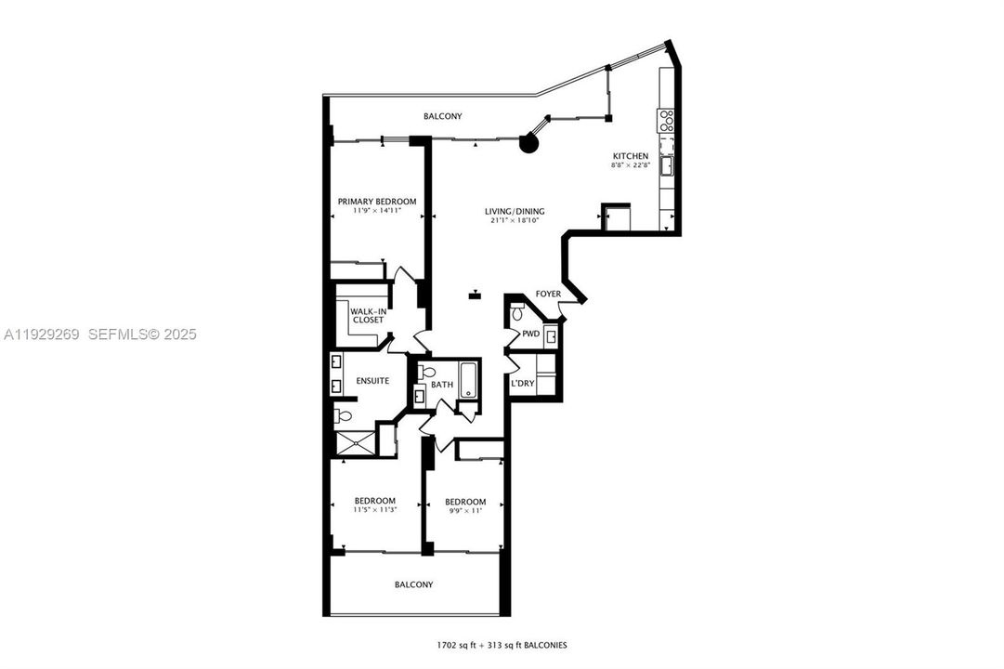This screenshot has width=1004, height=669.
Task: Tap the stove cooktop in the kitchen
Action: point(666,119)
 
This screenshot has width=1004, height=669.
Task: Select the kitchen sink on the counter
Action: point(666,165)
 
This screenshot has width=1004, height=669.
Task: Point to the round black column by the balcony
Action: point(528,143)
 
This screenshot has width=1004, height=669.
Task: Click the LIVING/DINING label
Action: point(514,211)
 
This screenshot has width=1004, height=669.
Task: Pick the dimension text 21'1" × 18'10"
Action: point(514,221)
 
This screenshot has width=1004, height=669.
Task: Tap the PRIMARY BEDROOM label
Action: point(376,202)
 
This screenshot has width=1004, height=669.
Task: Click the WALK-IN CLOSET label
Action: point(367,316)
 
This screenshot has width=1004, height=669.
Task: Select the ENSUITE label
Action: point(372,381)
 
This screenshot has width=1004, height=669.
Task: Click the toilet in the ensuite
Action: point(341,415)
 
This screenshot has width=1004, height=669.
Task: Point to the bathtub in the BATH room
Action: point(466,381)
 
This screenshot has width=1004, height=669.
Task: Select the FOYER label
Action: point(548,295)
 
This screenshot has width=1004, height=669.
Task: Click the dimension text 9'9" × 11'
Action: point(464,512)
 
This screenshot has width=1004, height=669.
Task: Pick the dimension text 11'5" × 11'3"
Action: point(375,510)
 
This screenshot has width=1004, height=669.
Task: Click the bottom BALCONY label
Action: point(413,584)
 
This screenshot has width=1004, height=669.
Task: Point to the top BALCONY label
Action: point(442,116)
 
